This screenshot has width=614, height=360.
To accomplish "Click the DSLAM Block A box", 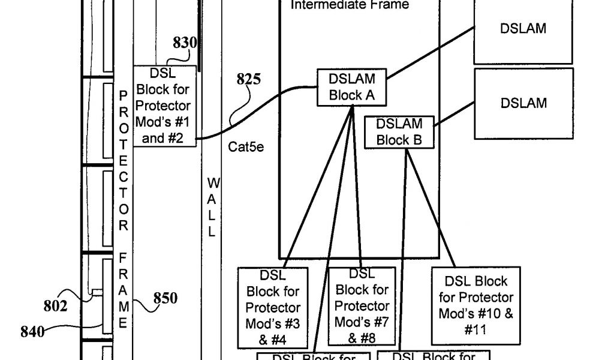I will click(x=352, y=87).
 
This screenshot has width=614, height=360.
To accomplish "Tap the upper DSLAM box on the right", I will click(x=523, y=29).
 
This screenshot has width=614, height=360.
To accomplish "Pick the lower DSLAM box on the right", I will click(x=523, y=103).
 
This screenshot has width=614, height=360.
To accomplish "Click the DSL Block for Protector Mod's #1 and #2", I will click(x=164, y=106).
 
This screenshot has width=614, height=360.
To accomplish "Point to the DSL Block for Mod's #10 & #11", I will click(x=475, y=305).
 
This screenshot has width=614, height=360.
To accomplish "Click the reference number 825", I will click(x=249, y=79).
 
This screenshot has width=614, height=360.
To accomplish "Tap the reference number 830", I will click(x=185, y=43).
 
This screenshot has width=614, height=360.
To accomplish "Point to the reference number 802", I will click(x=56, y=305).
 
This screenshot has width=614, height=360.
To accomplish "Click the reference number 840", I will click(x=32, y=332).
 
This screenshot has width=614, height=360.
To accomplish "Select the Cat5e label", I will click(x=246, y=147).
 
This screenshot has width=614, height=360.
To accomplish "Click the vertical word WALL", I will click(x=212, y=207).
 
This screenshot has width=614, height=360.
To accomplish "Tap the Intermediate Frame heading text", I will click(x=350, y=5).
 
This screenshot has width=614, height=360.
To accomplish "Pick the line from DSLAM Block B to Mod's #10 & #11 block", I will click(x=429, y=204).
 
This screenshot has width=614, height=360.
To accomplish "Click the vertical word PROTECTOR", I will click(x=123, y=160).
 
